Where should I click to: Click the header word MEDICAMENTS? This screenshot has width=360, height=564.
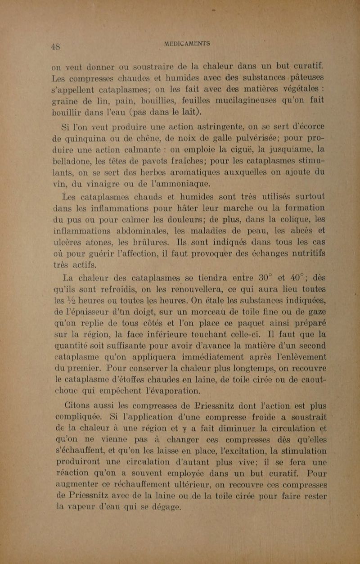(x=187, y=43)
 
